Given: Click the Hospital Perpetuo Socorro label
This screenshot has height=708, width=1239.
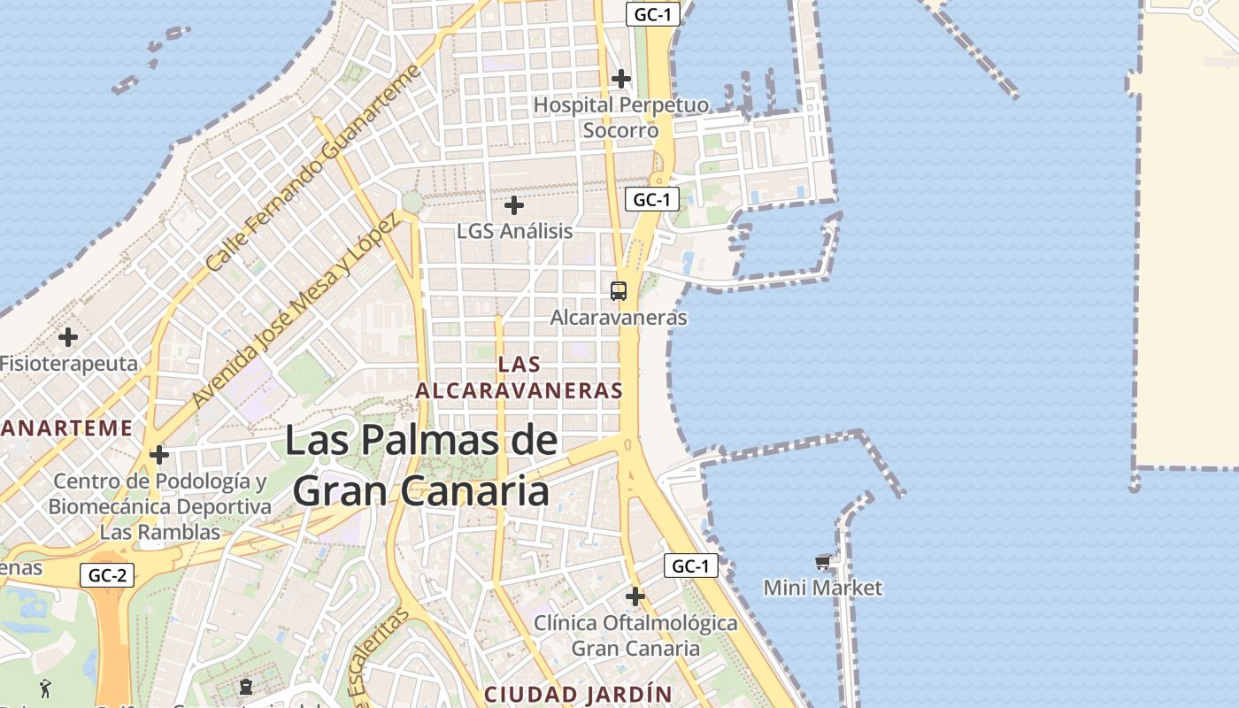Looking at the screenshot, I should (620, 118).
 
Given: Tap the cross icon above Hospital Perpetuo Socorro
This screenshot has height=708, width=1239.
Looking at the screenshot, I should (621, 79).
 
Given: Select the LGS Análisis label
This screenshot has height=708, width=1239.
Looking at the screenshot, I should (514, 232).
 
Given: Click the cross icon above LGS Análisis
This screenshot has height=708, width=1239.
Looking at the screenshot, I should (513, 206).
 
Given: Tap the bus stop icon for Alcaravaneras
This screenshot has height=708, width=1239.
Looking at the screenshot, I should (619, 290).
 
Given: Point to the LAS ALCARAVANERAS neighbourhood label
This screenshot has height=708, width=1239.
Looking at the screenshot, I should (519, 377).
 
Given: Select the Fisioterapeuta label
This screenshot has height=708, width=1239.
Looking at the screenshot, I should (69, 364).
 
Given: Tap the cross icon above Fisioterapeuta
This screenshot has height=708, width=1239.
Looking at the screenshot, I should (68, 337).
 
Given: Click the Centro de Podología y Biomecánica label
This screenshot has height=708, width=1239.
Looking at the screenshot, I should (159, 507).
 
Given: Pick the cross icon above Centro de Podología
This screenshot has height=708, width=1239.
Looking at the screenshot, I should (159, 456).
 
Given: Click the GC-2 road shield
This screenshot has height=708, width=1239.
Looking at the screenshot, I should (108, 575).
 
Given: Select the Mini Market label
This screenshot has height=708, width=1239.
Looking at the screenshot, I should (823, 588).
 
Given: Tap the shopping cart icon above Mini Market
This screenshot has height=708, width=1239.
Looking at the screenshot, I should (823, 562).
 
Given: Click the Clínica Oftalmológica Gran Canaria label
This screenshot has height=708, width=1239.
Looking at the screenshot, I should (635, 635).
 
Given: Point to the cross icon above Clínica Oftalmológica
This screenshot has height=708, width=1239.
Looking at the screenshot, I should (635, 596).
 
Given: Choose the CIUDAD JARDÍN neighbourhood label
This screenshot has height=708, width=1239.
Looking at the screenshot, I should (579, 694).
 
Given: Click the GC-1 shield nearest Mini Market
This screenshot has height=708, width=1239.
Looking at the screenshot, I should (690, 566).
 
